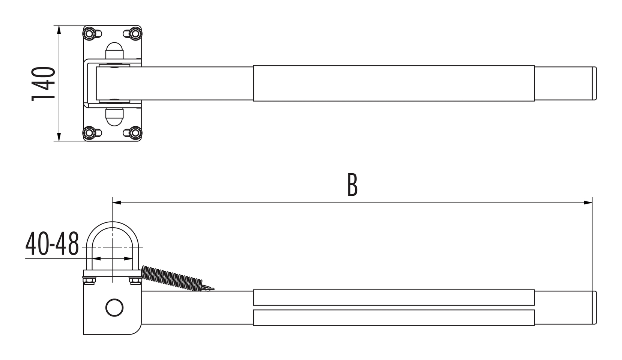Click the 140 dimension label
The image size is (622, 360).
click(44, 84)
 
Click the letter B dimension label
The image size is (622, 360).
click(352, 185)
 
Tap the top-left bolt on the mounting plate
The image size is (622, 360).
click(89, 34)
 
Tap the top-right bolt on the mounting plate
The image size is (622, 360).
click(135, 34)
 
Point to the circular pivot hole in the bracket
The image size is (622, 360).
click(114, 307)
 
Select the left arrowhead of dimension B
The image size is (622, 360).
click(117, 203)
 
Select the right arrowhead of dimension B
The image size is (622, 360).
click(588, 203)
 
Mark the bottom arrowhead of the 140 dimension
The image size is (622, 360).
click(59, 137)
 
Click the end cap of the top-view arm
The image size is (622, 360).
click(594, 83)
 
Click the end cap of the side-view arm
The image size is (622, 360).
click(594, 307)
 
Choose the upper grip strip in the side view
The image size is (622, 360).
click(394, 297)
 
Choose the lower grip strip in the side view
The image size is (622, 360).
click(394, 318)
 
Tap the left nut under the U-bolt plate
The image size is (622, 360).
click(89, 280)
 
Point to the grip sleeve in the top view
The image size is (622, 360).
click(394, 83)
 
